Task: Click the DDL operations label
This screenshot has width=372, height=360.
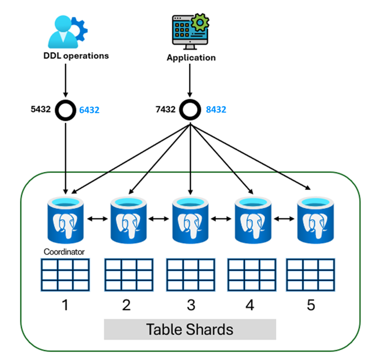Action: [x=76, y=56]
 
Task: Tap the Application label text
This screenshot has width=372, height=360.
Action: [x=191, y=58]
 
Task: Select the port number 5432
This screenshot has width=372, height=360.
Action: [x=41, y=109]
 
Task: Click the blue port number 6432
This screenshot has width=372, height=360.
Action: [x=89, y=110]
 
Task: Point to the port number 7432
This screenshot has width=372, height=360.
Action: [x=166, y=109]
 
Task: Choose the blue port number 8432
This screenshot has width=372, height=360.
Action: [x=216, y=109]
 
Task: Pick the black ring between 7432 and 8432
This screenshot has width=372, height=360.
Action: [x=190, y=110]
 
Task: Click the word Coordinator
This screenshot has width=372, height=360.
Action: [x=64, y=252]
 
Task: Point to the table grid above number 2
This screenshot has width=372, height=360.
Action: [x=129, y=275]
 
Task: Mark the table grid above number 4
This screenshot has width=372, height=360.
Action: [x=252, y=275]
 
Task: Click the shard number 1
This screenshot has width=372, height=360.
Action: [x=65, y=305]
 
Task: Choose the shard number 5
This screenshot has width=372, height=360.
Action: [x=311, y=305]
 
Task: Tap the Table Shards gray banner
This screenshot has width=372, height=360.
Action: [x=190, y=329]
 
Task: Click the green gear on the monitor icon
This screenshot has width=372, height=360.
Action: [x=200, y=22]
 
